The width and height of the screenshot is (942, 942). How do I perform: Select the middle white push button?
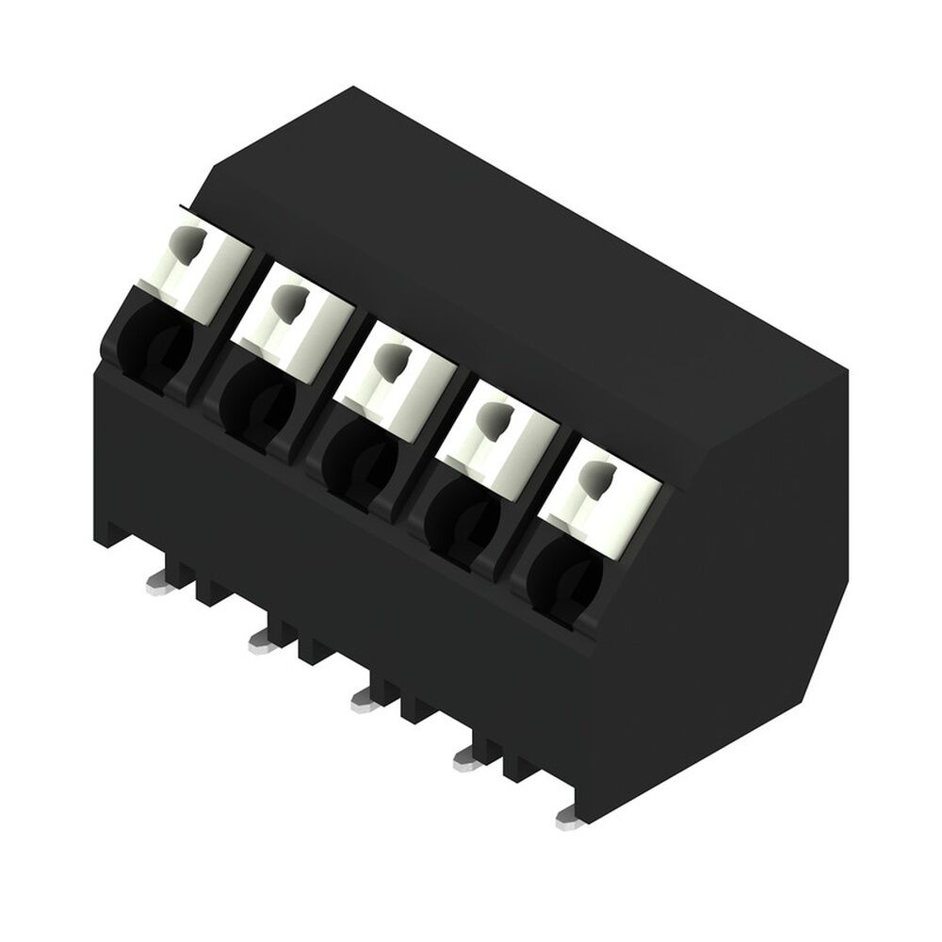pyautogui.click(x=396, y=372)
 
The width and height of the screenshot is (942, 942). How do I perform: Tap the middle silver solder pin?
pyautogui.click(x=365, y=698)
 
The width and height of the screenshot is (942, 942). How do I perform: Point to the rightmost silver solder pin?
pyautogui.click(x=570, y=819)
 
